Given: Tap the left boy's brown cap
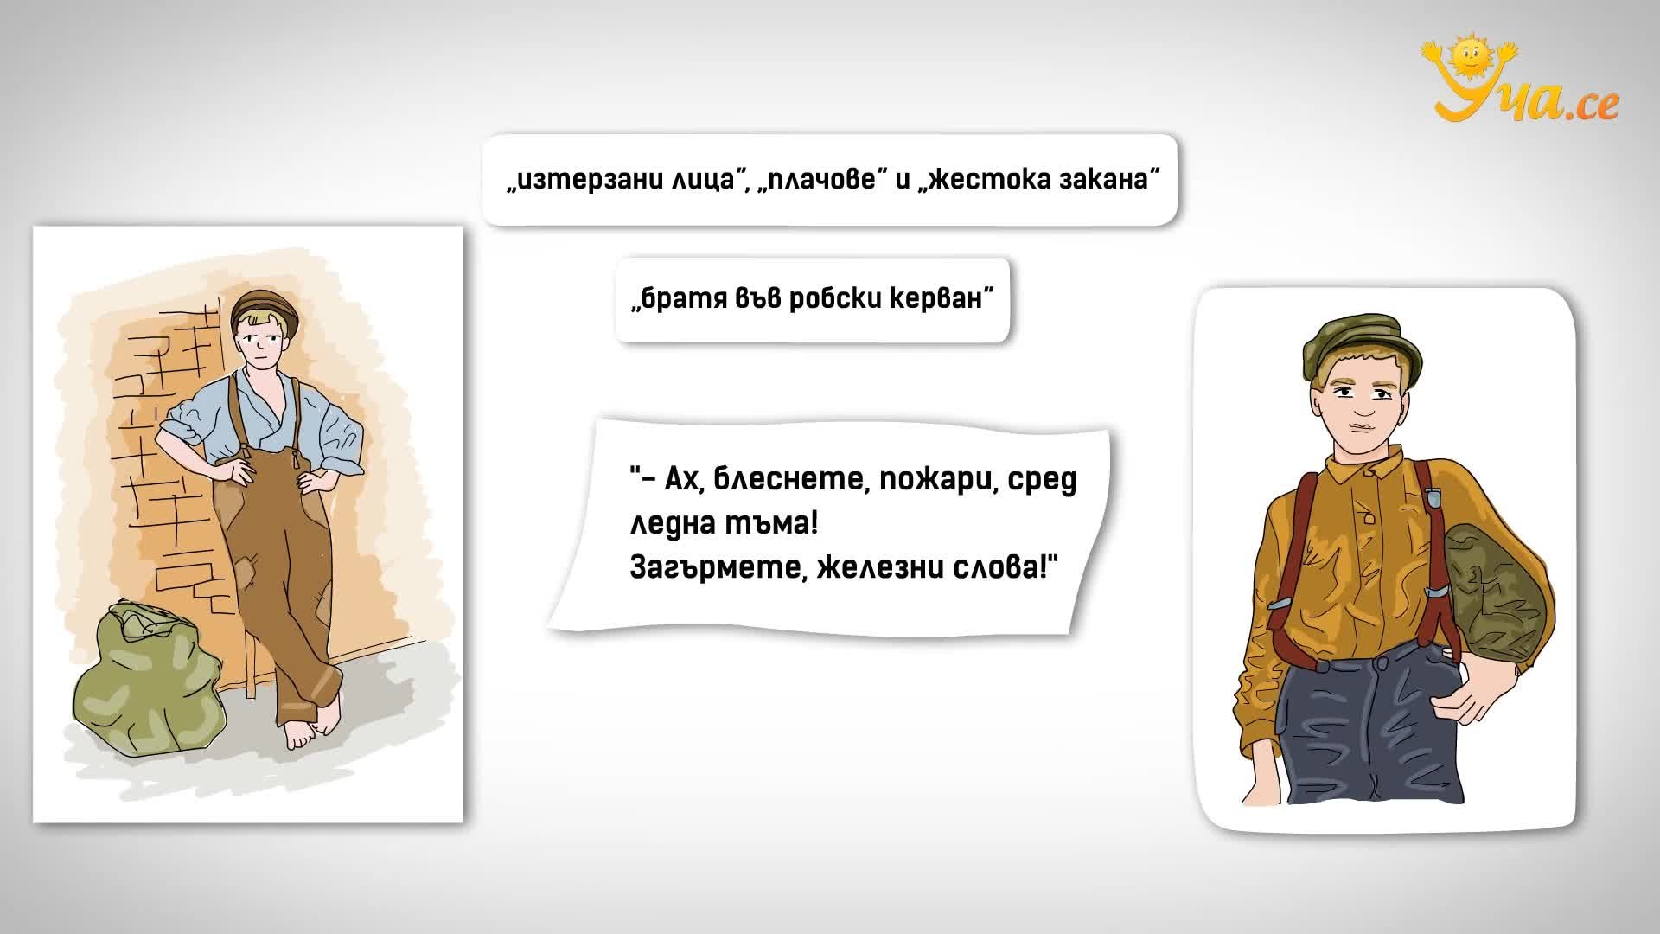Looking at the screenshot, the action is tap(266, 310).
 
